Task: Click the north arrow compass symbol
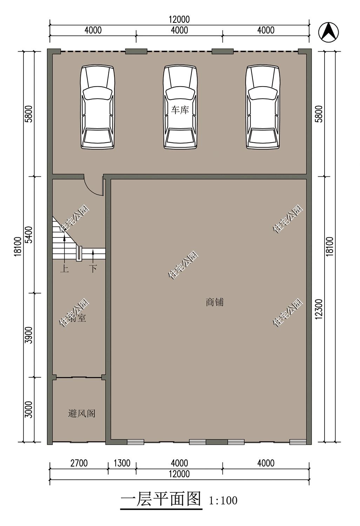click(x=328, y=32)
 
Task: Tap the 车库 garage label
click(x=180, y=110)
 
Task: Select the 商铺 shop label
click(x=214, y=302)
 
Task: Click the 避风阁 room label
click(x=81, y=413)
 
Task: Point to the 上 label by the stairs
click(x=64, y=269)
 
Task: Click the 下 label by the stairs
click(x=93, y=269)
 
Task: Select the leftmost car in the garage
click(x=98, y=107)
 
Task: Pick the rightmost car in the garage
click(x=263, y=107)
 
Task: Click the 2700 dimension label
click(x=79, y=463)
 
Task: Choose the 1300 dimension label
click(x=122, y=463)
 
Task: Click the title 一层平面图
click(x=161, y=499)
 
